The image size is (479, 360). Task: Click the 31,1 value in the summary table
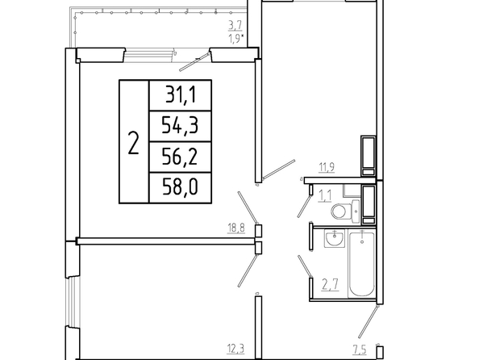[181, 94]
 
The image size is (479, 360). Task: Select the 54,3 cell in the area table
[181, 126]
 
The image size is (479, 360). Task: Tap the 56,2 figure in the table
[181, 157]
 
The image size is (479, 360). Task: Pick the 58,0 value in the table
[181, 187]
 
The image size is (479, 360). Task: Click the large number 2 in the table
[134, 143]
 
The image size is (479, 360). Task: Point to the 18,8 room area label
[236, 228]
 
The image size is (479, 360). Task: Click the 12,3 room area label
[236, 349]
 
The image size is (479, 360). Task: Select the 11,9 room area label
[327, 168]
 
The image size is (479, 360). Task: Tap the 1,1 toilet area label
[325, 196]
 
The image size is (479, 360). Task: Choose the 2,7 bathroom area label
[331, 284]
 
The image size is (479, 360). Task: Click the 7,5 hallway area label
[360, 350]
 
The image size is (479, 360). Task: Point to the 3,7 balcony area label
[235, 26]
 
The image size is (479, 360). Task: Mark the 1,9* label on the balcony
[236, 40]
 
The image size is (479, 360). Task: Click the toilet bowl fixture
[339, 211]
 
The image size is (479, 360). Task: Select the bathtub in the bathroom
[361, 265]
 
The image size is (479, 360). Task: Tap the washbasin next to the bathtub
[335, 238]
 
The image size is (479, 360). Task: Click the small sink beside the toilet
[356, 211]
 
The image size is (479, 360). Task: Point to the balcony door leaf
[194, 62]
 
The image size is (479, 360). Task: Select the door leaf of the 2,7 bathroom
[306, 266]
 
